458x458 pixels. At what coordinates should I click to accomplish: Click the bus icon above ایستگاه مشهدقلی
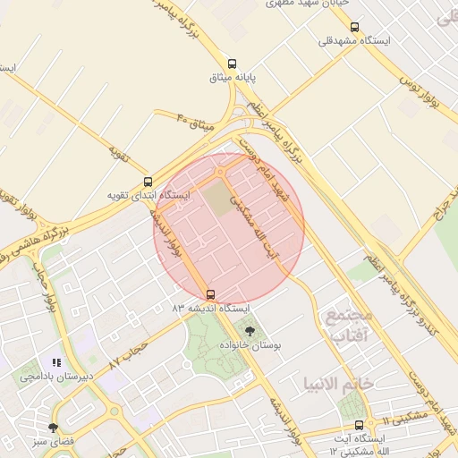coord(355,27)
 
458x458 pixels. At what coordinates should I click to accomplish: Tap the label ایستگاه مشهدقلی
coord(355,41)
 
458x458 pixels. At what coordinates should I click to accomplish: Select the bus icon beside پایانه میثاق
coord(233,64)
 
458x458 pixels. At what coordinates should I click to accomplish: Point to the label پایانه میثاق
coord(233,78)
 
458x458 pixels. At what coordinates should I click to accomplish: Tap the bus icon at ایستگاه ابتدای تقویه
coord(148,182)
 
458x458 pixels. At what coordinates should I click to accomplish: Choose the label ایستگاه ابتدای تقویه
coord(148,195)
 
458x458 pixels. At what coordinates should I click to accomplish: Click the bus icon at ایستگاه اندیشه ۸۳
coord(210,293)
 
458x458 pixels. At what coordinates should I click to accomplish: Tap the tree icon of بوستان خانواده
coord(249,331)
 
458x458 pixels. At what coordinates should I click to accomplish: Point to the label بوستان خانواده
coord(250,344)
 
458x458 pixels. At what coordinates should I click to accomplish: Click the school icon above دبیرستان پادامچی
coord(55,363)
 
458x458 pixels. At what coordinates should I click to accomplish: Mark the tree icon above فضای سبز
coord(53,428)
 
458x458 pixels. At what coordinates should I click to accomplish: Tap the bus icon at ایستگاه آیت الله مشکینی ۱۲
coord(359,426)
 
